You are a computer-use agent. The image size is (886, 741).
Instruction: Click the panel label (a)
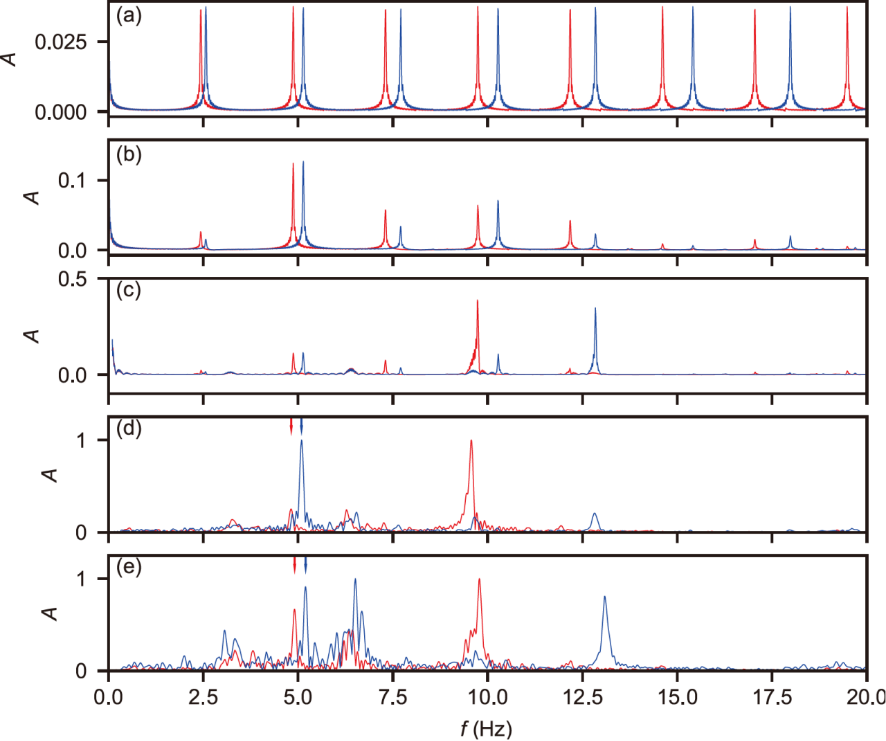[127, 16]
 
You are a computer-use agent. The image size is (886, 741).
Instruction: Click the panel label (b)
[127, 155]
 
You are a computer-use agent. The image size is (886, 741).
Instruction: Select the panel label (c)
[127, 294]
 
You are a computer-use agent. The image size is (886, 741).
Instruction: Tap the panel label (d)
[127, 430]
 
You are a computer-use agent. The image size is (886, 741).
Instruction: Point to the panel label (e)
[127, 568]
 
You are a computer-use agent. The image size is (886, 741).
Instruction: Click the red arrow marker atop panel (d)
[291, 426]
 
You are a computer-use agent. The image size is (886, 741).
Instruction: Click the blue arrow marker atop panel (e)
[305, 566]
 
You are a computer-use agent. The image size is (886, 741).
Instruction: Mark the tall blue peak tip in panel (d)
[301, 441]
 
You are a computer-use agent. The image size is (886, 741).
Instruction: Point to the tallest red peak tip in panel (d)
[470, 441]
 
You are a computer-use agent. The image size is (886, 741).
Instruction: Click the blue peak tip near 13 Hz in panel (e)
[604, 597]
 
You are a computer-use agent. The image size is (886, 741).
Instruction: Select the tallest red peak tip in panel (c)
[478, 301]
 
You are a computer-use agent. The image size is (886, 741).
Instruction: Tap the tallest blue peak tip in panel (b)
[303, 162]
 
